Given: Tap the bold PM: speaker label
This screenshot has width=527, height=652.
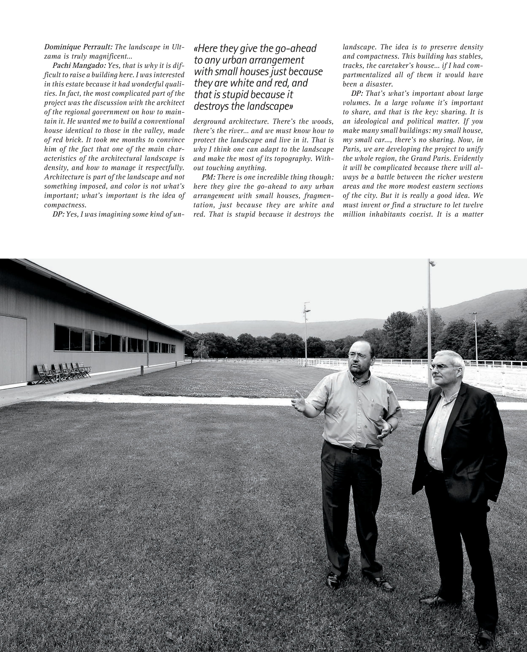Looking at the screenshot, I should coord(208,177).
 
